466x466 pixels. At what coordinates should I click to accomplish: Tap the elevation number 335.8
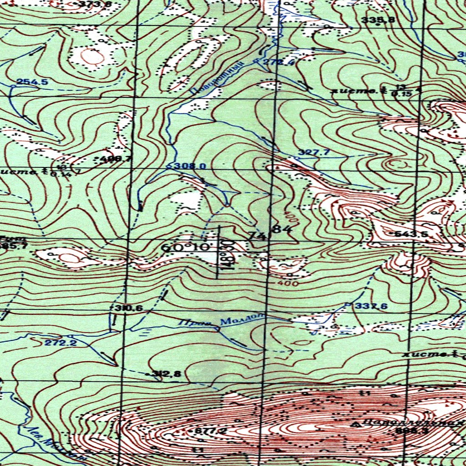[x=378, y=20]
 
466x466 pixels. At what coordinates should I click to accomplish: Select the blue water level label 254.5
[x=32, y=82]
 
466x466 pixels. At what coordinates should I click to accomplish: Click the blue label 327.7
[x=314, y=152]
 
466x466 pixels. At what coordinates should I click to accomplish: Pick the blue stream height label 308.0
[x=190, y=166]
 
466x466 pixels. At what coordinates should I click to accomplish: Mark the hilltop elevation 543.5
[x=411, y=234]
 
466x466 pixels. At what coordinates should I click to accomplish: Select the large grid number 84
[x=282, y=230]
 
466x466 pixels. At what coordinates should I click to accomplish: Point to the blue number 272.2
[x=61, y=342]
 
